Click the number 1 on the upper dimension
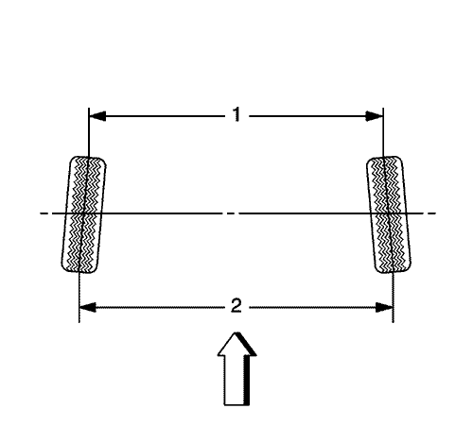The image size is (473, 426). pyautogui.click(x=236, y=114)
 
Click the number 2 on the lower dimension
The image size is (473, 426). pyautogui.click(x=236, y=305)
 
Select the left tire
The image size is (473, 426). pyautogui.click(x=83, y=214)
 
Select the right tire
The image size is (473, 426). pyautogui.click(x=389, y=214)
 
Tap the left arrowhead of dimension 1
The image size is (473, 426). pyautogui.click(x=97, y=116)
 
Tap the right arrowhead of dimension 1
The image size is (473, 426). pyautogui.click(x=375, y=116)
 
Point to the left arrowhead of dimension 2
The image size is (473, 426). pyautogui.click(x=87, y=307)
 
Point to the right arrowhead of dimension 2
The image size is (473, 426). pyautogui.click(x=384, y=307)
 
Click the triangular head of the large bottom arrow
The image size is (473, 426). pyautogui.click(x=236, y=345)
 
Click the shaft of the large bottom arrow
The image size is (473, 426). pyautogui.click(x=236, y=381)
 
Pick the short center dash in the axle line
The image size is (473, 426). pyautogui.click(x=231, y=213)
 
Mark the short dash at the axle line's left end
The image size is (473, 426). pyautogui.click(x=44, y=213)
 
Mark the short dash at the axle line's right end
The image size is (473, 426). pyautogui.click(x=432, y=213)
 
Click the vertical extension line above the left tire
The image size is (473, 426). pyautogui.click(x=89, y=132)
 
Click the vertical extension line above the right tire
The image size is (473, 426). pyautogui.click(x=383, y=132)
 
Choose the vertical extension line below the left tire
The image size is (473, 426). pyautogui.click(x=79, y=298)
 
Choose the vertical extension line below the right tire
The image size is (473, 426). pyautogui.click(x=393, y=298)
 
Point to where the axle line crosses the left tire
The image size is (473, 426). pyautogui.click(x=83, y=213)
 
